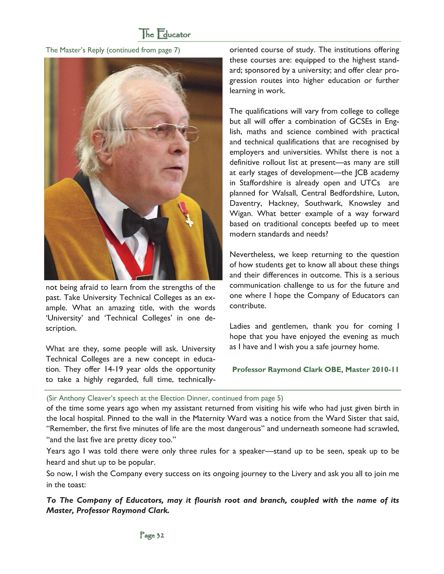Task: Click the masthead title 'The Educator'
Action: (x=165, y=34)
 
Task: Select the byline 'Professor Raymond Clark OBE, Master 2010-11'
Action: (x=315, y=370)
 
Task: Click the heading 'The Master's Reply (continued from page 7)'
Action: (x=113, y=50)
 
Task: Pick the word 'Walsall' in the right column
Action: (x=284, y=193)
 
